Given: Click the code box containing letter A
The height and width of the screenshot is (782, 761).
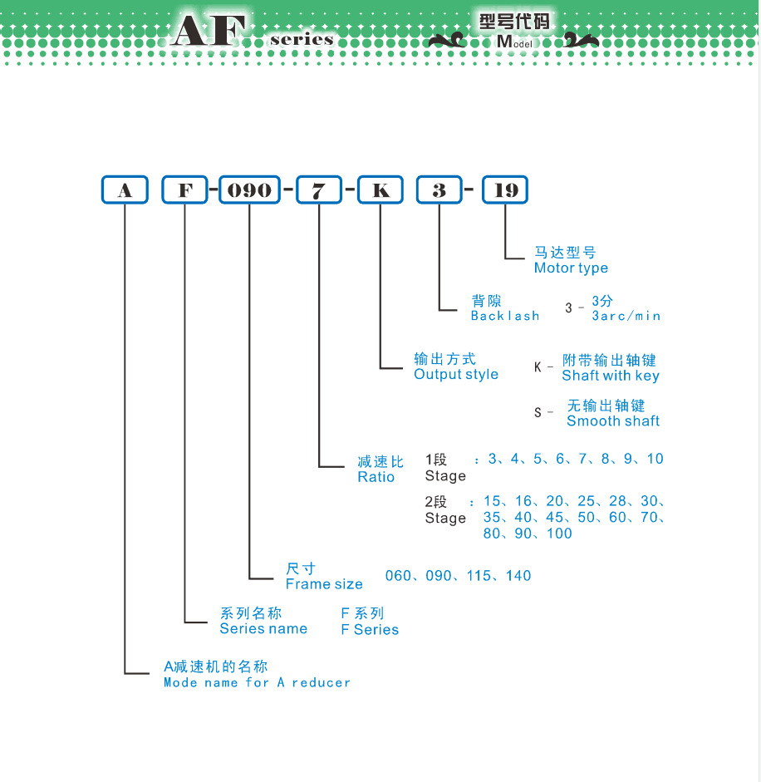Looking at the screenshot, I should [125, 190].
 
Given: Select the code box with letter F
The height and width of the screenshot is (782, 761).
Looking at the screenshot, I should [185, 190].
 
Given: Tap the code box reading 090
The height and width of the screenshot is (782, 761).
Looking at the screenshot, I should [249, 190].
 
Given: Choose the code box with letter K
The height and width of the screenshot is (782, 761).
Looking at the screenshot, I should [380, 190].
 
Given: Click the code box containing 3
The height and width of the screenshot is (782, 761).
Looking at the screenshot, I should [439, 190].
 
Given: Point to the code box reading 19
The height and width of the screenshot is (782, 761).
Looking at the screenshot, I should [506, 190].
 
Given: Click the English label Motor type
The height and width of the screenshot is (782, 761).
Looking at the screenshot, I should [571, 268].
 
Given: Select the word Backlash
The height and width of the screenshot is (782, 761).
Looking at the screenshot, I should [505, 316].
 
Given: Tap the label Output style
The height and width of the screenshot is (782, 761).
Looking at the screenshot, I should [456, 374].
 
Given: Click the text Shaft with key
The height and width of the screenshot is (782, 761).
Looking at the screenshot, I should [611, 376].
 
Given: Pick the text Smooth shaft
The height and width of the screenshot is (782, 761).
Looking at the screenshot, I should [613, 421].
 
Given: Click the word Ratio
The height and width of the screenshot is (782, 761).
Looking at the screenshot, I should [376, 477].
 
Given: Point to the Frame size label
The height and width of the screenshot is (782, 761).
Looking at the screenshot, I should [324, 584].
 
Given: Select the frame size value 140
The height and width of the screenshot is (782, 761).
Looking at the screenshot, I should [518, 576].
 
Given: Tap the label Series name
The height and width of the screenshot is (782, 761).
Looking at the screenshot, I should [263, 629].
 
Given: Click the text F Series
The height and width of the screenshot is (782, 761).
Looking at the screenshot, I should [370, 630].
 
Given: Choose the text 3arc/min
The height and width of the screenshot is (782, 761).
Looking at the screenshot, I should [626, 316].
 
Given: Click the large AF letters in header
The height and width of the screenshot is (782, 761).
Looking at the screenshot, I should [209, 32].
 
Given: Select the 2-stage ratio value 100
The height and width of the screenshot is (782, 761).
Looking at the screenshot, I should [559, 534].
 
